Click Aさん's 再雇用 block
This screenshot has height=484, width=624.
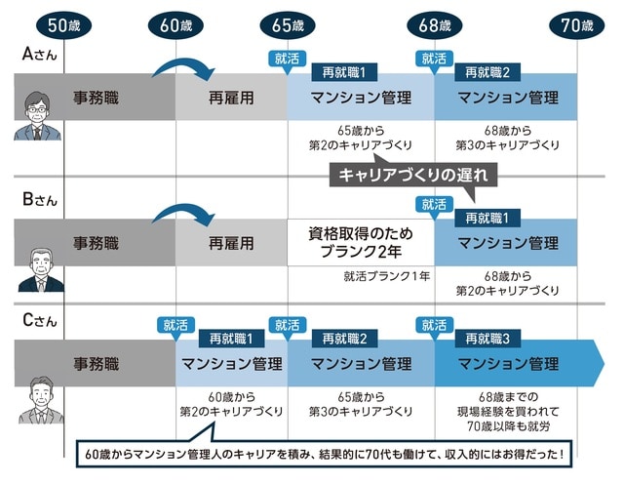(231, 98)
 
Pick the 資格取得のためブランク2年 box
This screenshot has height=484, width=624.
(361, 242)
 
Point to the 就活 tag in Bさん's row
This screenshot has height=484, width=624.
(434, 204)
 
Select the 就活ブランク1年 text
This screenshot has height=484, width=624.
(386, 276)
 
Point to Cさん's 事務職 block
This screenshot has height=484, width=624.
(96, 364)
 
